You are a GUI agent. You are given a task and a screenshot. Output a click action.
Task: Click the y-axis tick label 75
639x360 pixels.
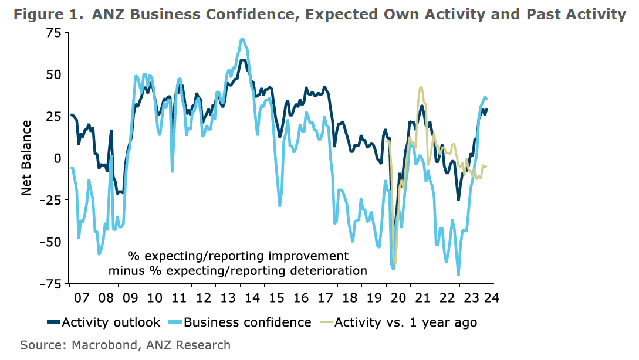click(x=53, y=33)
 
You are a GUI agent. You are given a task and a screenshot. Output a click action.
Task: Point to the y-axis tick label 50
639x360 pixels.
click(x=53, y=74)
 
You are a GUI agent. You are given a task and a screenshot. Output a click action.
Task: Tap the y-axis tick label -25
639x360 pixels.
click(x=50, y=200)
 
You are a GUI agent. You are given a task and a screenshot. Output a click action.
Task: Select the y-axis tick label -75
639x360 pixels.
click(x=50, y=284)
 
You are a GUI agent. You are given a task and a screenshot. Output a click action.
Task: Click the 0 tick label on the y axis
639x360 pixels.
click(x=58, y=158)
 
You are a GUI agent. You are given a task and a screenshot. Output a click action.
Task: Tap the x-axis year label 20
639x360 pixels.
click(x=399, y=297)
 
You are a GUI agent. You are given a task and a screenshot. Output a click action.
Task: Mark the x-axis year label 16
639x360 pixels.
click(x=301, y=297)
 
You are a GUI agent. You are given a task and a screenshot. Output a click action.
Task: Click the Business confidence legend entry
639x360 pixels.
click(x=247, y=322)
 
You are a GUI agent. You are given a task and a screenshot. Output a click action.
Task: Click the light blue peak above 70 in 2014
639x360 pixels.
click(x=242, y=39)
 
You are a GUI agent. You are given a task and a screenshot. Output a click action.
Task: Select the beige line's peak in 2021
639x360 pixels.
click(x=421, y=88)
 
